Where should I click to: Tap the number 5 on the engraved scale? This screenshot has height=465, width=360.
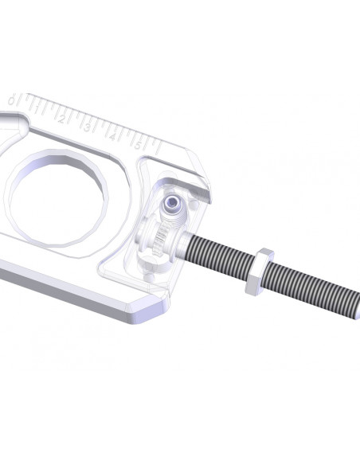click(138, 144)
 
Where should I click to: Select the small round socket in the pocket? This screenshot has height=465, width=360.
click(170, 207)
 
